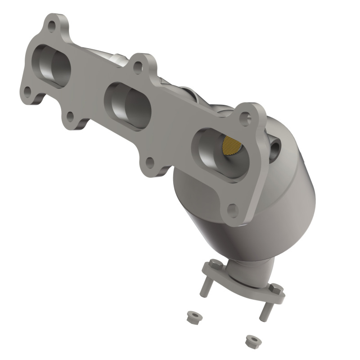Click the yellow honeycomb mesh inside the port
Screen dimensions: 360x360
tap(232, 146)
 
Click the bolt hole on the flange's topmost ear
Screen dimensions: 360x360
tap(52, 26)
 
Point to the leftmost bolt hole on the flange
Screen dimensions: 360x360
tap(27, 91)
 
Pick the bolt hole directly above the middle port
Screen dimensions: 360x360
tap(138, 67)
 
